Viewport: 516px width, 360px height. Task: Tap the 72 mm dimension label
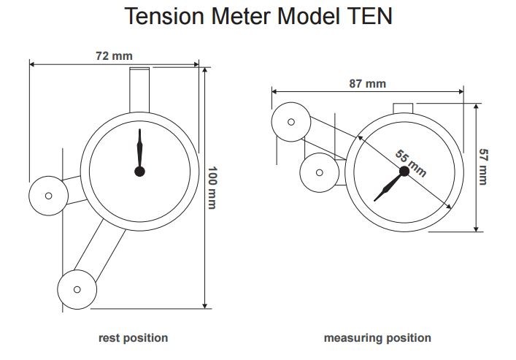tap(115, 55)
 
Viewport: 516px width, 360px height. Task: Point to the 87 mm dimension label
tap(367, 83)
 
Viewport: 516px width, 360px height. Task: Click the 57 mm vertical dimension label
tap(484, 166)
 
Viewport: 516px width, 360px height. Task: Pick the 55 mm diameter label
tap(410, 164)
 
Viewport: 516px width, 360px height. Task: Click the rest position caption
tap(133, 338)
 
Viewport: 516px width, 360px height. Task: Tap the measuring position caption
tap(377, 338)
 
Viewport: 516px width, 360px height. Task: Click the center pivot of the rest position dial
tap(139, 172)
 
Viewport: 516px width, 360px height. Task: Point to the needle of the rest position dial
tap(139, 150)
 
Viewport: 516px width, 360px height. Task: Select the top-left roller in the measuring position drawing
tap(290, 121)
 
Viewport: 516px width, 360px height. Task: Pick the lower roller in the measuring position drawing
tap(320, 172)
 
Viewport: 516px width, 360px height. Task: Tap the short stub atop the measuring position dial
tap(404, 109)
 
